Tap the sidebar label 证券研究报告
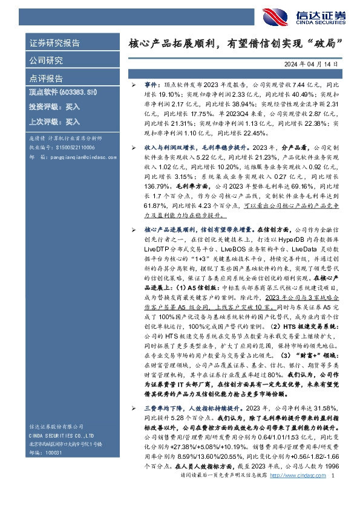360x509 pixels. point(54,44)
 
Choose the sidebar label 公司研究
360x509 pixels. point(46,60)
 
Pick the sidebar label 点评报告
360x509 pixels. point(46,78)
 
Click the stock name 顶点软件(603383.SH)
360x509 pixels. point(64,92)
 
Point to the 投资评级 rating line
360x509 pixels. point(54,106)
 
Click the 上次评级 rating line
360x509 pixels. point(54,121)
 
